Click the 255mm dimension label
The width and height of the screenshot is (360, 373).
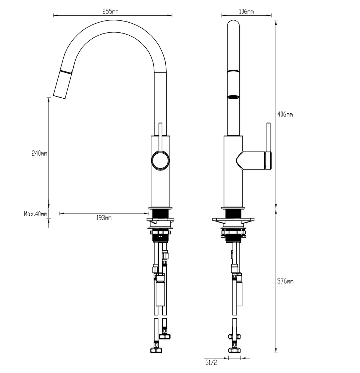pyautogui.click(x=110, y=11)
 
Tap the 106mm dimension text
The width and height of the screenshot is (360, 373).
pyautogui.click(x=246, y=11)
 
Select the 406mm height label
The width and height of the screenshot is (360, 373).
pyautogui.click(x=285, y=114)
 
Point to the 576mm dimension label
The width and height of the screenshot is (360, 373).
pyautogui.click(x=285, y=281)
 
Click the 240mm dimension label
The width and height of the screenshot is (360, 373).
pyautogui.click(x=39, y=153)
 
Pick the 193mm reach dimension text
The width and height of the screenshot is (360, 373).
pyautogui.click(x=104, y=218)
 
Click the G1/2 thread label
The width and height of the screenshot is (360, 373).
pyautogui.click(x=211, y=362)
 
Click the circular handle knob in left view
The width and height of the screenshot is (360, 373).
pyautogui.click(x=160, y=160)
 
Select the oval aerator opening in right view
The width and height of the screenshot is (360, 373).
pyautogui.click(x=233, y=97)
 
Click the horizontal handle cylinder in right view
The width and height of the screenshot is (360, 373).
pyautogui.click(x=255, y=160)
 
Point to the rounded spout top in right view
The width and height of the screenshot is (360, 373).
pyautogui.click(x=233, y=25)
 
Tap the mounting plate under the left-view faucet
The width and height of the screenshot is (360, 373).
pyautogui.click(x=160, y=220)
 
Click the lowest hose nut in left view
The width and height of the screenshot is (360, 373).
pyautogui.click(x=157, y=350)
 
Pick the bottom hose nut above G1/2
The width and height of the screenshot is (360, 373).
pyautogui.click(x=234, y=350)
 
